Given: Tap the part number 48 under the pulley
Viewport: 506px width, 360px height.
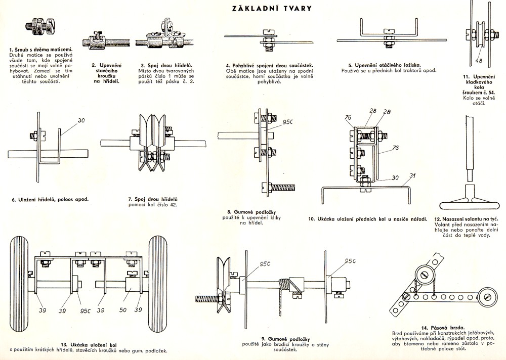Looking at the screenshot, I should tap(479, 61).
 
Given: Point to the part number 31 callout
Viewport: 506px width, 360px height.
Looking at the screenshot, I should tap(412, 176).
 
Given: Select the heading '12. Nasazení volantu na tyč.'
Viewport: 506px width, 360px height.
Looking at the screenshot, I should tap(463, 219).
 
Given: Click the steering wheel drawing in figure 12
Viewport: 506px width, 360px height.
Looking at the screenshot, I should tap(468, 202).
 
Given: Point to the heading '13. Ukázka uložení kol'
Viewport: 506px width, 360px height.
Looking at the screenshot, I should tap(89, 344).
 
